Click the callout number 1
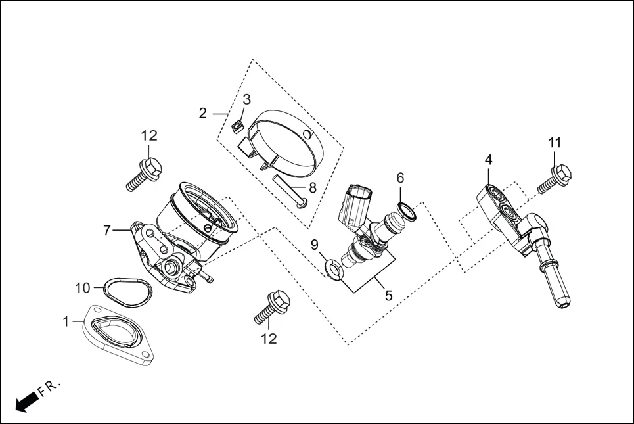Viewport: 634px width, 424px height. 66,321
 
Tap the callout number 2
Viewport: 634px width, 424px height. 203,113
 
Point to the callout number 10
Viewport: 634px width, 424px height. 82,287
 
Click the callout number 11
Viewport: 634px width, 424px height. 555,143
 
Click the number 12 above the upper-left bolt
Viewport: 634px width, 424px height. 149,136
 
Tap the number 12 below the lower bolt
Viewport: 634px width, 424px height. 269,339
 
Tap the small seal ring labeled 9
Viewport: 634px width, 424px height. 333,268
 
